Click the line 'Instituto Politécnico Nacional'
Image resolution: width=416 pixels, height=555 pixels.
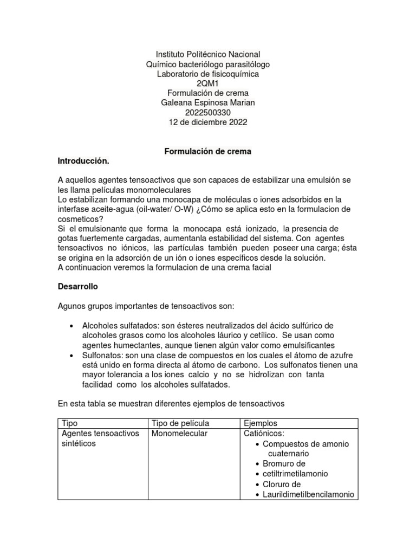(x=208, y=54)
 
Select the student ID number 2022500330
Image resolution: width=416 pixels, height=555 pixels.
(x=208, y=113)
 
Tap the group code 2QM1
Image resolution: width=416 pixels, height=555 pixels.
(x=208, y=83)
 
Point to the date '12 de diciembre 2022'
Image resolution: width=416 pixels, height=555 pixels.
(x=208, y=122)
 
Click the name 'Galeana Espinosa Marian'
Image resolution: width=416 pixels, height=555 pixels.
(x=208, y=103)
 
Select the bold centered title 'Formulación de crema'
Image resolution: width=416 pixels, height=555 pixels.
(x=208, y=152)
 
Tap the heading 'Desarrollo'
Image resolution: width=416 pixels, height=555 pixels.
(x=78, y=286)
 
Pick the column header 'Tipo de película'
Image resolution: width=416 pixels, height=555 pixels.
(x=180, y=423)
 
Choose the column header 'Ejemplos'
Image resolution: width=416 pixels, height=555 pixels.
(x=261, y=423)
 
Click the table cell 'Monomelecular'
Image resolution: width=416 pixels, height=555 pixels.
(x=179, y=434)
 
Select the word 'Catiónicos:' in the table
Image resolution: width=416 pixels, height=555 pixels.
(x=264, y=434)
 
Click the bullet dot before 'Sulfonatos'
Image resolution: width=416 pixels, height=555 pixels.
(x=72, y=356)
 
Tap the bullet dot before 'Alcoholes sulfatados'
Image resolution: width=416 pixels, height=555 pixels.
(x=72, y=326)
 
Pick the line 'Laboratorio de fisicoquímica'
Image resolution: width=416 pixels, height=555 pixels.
(x=208, y=74)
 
